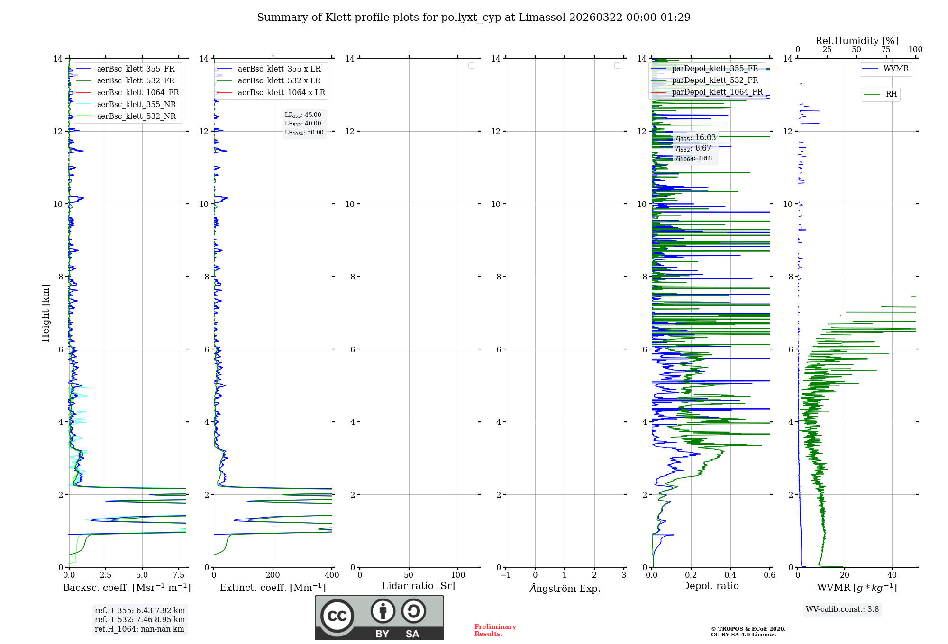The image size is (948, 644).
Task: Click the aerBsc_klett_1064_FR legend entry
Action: (137, 93)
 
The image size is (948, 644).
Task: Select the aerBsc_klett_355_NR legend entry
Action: (136, 105)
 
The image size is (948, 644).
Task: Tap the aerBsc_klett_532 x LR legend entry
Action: (279, 81)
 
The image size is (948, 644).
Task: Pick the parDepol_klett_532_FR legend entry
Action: (715, 80)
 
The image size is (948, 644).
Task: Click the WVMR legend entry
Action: (896, 69)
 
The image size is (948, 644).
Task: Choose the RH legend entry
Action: (891, 94)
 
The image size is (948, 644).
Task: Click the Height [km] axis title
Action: (46, 313)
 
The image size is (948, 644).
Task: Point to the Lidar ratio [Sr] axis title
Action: (419, 586)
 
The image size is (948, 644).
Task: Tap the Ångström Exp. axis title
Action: (565, 589)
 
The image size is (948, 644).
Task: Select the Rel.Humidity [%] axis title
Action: (857, 41)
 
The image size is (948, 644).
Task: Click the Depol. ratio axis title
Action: (710, 586)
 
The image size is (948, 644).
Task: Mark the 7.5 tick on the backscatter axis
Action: (179, 575)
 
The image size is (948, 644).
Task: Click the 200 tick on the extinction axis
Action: (273, 575)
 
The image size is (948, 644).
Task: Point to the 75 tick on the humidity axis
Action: (885, 50)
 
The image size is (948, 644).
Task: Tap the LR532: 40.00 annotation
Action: (303, 124)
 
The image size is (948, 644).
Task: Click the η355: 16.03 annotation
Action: (696, 138)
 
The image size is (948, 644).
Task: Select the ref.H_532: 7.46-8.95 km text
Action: (140, 620)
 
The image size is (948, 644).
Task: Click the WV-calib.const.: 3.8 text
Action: (842, 609)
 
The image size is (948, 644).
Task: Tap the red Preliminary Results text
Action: (495, 630)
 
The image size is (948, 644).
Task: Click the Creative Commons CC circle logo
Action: (337, 616)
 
